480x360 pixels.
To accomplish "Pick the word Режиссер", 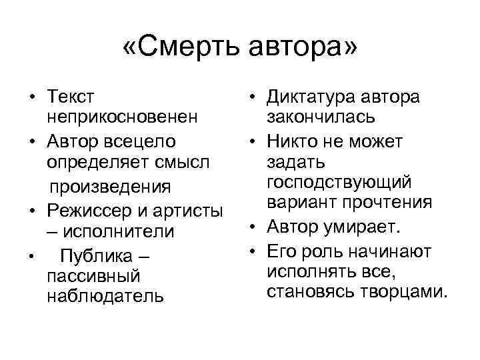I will click(x=89, y=209).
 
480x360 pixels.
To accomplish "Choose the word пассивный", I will click(x=93, y=275).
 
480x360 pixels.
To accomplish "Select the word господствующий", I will click(x=339, y=182).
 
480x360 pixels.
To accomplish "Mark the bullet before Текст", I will click(x=31, y=97).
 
